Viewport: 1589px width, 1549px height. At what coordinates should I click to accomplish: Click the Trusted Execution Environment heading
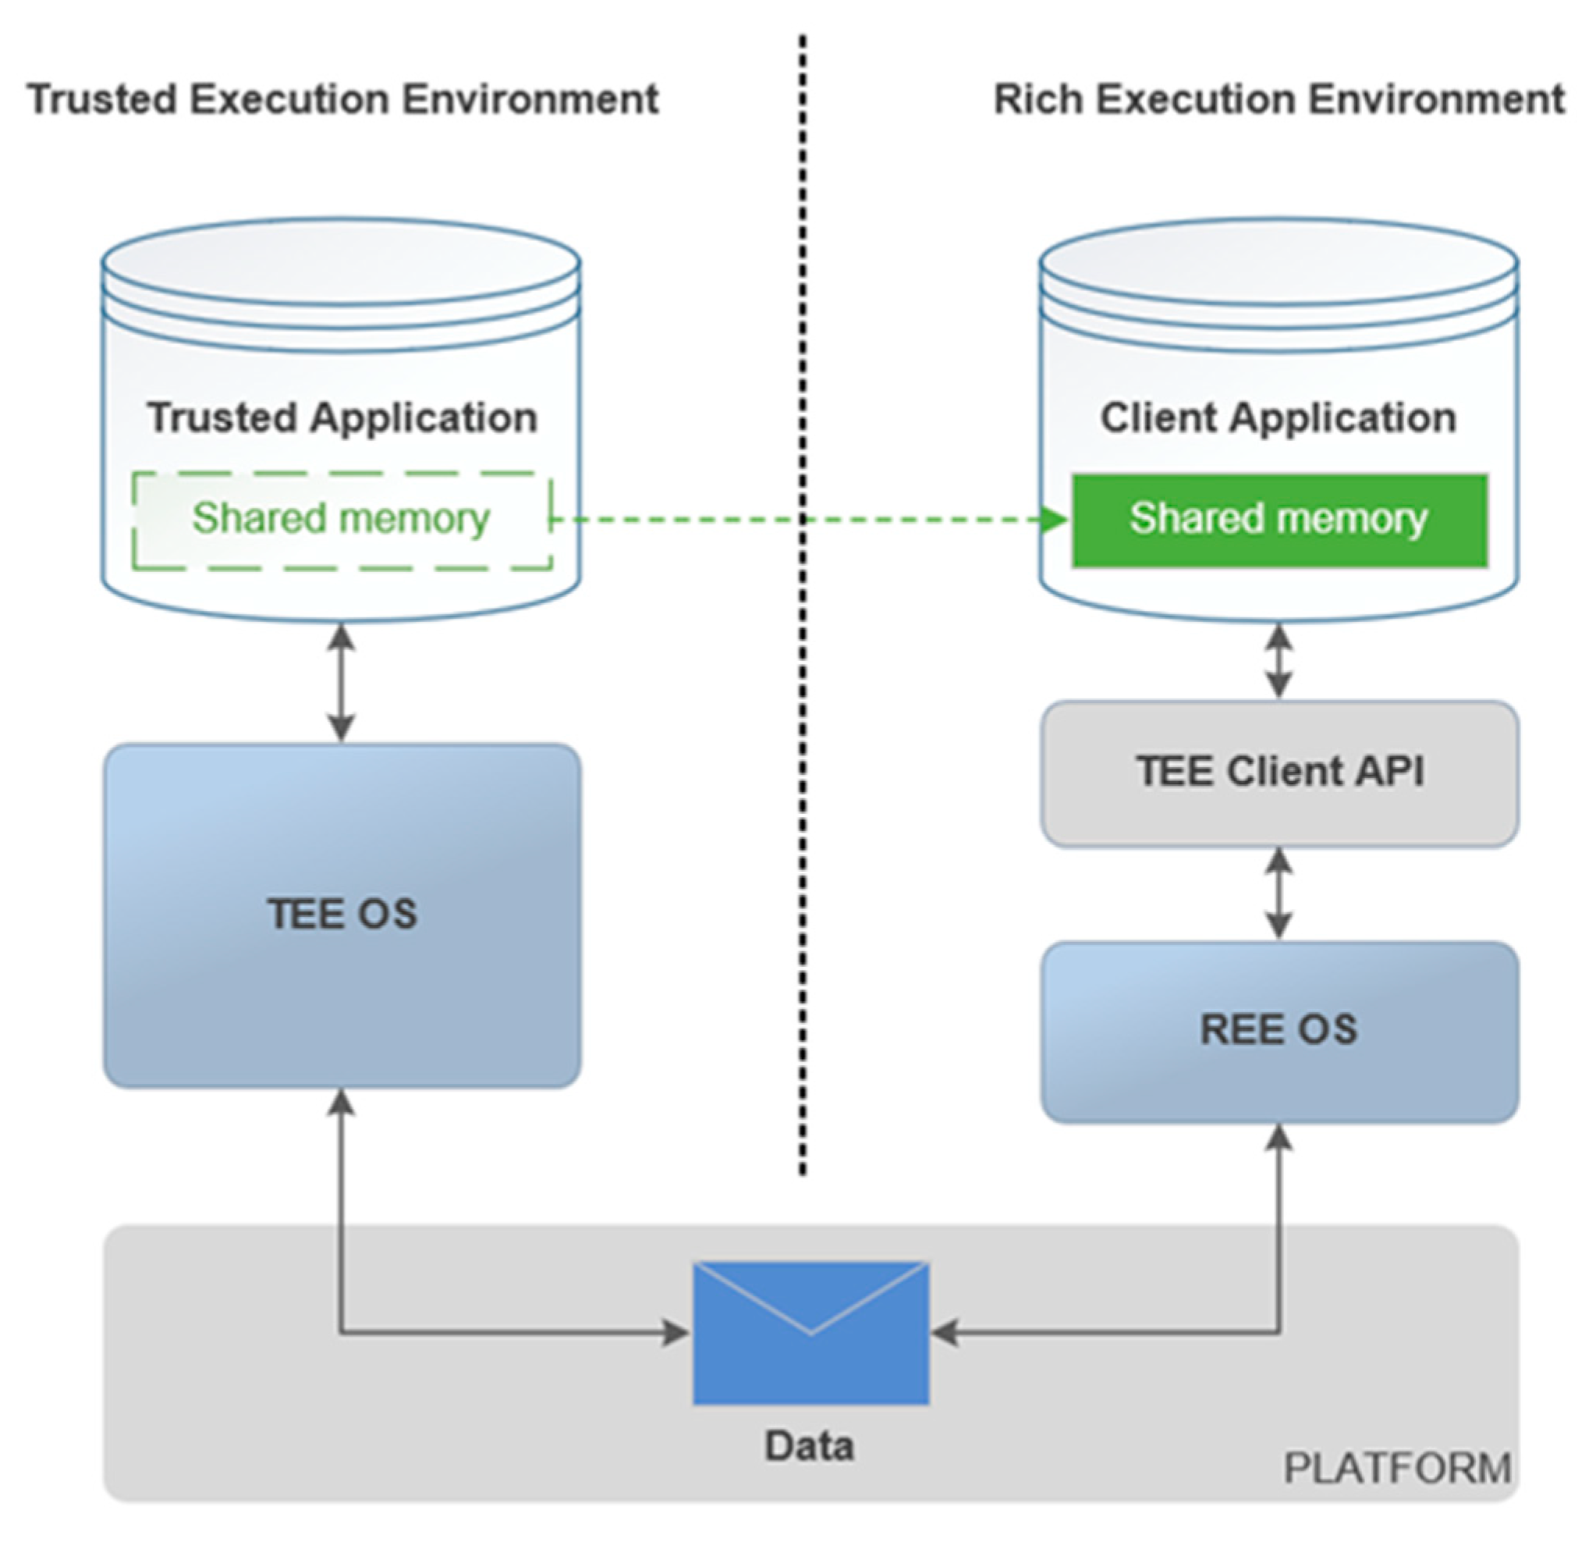tap(342, 100)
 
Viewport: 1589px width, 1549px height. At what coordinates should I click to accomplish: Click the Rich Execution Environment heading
tap(1279, 100)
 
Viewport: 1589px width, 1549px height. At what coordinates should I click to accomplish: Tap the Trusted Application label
tap(342, 417)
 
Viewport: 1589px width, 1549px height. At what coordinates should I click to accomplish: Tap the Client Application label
tap(1278, 417)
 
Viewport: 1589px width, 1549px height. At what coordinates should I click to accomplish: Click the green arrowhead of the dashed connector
tap(1055, 519)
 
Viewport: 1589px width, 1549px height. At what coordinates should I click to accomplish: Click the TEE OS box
tap(342, 915)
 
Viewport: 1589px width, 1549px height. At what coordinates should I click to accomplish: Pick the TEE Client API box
tap(1279, 772)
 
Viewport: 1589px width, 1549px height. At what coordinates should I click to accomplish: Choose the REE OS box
tap(1279, 1031)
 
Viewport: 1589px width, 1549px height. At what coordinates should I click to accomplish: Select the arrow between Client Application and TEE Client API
tap(1279, 661)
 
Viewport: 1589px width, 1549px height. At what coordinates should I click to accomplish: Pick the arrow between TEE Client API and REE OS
tap(1279, 893)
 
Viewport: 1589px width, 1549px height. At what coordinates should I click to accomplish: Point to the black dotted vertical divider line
tap(803, 732)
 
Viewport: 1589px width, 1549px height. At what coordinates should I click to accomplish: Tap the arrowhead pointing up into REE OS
tap(1279, 1139)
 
